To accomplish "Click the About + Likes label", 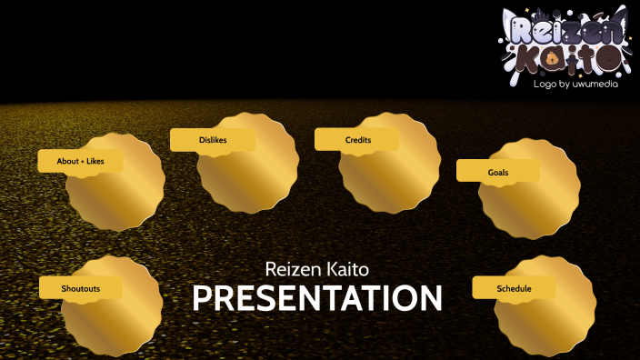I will point(80,161).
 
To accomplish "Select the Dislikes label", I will point(213,140).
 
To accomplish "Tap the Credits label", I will point(357,140).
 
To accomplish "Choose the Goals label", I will point(497,171).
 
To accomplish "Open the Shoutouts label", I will point(80,288).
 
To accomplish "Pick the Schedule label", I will point(514,288).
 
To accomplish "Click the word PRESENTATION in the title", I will point(316,299).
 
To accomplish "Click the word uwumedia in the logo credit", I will point(596,84).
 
